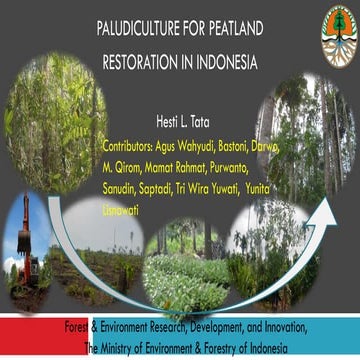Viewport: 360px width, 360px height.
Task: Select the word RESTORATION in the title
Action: (x=143, y=62)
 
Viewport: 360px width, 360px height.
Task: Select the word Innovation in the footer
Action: (x=286, y=328)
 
